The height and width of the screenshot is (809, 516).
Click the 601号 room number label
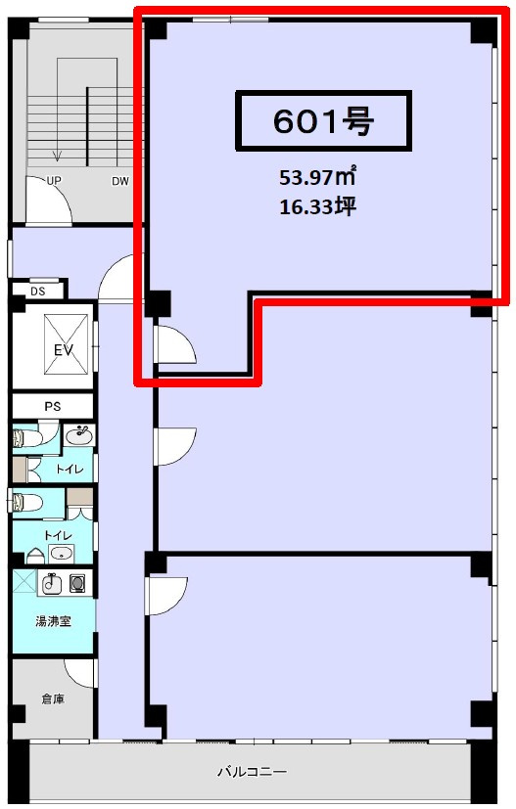[323, 121]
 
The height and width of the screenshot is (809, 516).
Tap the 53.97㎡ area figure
[317, 177]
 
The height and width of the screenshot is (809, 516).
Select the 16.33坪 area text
[317, 206]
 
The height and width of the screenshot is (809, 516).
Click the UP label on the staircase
[54, 181]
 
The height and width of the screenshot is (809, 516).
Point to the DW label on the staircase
[119, 181]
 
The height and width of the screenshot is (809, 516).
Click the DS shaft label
[38, 292]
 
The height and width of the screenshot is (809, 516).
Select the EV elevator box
[66, 344]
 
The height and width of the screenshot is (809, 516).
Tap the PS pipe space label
[52, 407]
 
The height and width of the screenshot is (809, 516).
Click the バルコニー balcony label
[252, 772]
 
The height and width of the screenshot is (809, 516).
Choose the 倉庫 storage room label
[53, 699]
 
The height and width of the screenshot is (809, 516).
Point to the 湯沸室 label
[53, 621]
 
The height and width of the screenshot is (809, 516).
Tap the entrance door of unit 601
[175, 344]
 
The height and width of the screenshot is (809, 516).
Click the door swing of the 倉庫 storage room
[80, 674]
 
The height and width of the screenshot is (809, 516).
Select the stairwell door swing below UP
[49, 201]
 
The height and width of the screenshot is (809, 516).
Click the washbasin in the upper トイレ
[79, 434]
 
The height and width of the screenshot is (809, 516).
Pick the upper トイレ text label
[70, 469]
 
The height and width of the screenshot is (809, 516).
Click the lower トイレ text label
[58, 536]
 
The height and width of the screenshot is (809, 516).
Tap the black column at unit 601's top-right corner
[484, 31]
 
